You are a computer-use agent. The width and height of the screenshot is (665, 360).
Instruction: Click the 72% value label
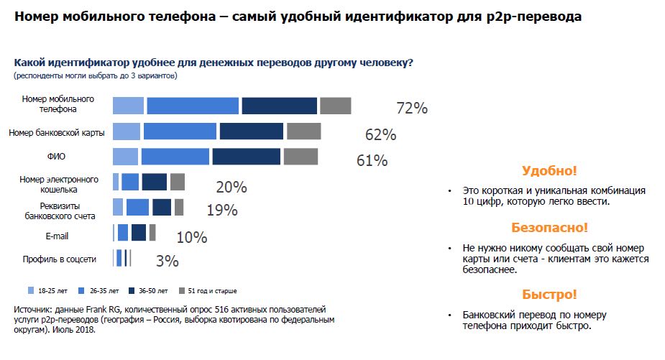pyautogui.click(x=412, y=109)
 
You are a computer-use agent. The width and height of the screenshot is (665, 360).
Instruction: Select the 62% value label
pyautogui.click(x=380, y=134)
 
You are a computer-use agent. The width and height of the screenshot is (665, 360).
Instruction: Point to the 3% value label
pyautogui.click(x=167, y=262)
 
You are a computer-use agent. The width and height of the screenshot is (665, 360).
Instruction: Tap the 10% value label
pyautogui.click(x=191, y=237)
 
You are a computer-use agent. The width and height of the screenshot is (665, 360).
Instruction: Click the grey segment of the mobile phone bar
pyautogui.click(x=335, y=106)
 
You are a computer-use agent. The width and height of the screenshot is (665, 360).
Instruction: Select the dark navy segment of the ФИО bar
pyautogui.click(x=246, y=157)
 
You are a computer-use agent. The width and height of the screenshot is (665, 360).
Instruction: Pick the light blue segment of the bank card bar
pyautogui.click(x=127, y=131)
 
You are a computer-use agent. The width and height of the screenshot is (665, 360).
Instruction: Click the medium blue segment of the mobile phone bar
pyautogui.click(x=192, y=106)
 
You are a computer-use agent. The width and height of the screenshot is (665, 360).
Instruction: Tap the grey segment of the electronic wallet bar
pyautogui.click(x=178, y=182)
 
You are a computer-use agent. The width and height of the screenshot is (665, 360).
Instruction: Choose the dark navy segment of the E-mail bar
pyautogui.click(x=139, y=233)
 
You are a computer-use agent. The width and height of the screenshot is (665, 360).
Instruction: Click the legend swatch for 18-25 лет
pyautogui.click(x=31, y=291)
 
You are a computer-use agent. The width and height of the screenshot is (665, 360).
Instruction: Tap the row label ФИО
pyautogui.click(x=56, y=155)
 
